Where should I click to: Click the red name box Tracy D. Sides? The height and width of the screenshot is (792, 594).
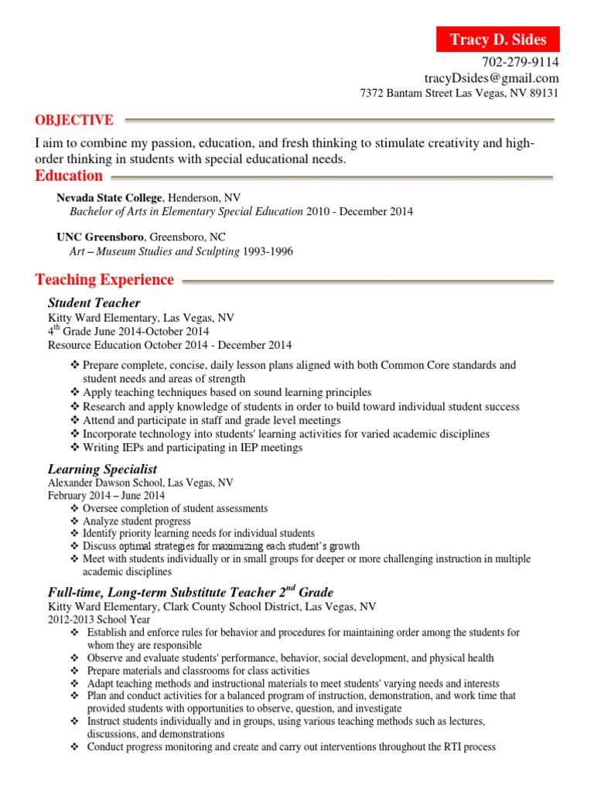tap(497, 39)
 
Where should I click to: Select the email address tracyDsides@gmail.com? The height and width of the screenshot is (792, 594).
tap(491, 78)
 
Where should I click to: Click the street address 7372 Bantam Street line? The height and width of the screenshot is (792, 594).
tap(459, 94)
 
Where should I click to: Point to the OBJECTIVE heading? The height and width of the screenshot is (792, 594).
tap(74, 120)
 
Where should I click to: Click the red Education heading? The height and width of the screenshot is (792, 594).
tap(69, 176)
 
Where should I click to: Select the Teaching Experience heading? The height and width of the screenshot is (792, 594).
tap(104, 279)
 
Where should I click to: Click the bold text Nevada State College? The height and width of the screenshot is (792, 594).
tap(110, 198)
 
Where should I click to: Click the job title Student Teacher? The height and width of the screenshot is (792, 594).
tap(94, 302)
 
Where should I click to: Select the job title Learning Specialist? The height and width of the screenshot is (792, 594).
tap(102, 469)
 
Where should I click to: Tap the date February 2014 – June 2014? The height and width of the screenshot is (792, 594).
tap(106, 496)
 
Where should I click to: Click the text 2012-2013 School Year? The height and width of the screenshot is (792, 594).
tap(99, 620)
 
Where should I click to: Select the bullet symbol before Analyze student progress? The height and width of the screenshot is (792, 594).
tap(74, 521)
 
